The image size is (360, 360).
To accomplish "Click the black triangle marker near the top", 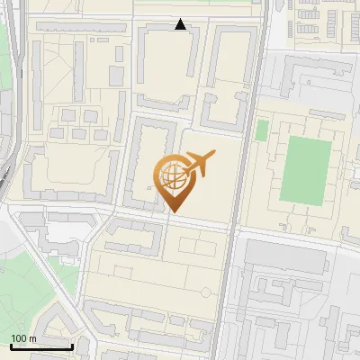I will [181, 24].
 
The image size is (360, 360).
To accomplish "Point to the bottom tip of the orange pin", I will [173, 211].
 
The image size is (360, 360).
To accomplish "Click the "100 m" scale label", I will [23, 338].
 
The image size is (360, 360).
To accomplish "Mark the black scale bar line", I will [40, 346].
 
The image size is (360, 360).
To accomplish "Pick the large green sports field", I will [305, 168].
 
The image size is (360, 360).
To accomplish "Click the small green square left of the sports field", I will [262, 130].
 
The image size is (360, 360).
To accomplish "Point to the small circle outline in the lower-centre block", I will [207, 291].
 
